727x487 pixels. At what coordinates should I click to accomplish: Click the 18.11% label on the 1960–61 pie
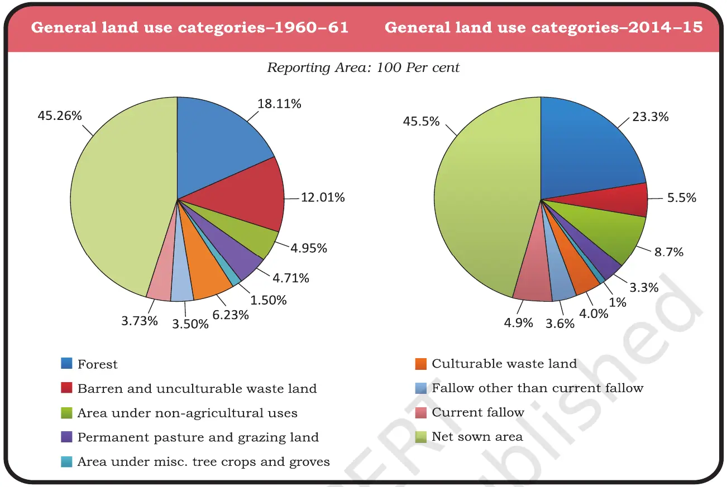tap(279, 104)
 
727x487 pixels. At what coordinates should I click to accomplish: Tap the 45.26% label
tap(60, 116)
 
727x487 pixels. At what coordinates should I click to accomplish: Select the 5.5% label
tap(681, 197)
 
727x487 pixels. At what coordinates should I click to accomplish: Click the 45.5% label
tap(421, 121)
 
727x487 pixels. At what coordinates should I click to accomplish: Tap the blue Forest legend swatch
tap(67, 364)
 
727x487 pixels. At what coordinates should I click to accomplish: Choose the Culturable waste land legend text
tap(504, 364)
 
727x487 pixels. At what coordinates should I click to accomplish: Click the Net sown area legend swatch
tap(422, 436)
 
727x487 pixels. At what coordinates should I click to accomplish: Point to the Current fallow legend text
tap(478, 412)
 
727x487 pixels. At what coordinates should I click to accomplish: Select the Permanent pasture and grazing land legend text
tap(198, 437)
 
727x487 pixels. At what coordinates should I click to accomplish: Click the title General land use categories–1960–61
tap(190, 27)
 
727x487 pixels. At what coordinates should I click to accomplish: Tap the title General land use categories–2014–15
tap(543, 27)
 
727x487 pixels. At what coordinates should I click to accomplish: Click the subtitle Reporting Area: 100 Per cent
tap(363, 67)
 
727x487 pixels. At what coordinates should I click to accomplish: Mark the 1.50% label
tap(269, 300)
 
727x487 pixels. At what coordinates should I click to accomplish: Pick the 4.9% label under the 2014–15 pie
tap(518, 322)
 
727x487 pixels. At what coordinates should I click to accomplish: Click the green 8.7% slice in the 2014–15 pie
tap(620, 234)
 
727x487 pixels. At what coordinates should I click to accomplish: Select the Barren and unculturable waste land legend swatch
tap(67, 388)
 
